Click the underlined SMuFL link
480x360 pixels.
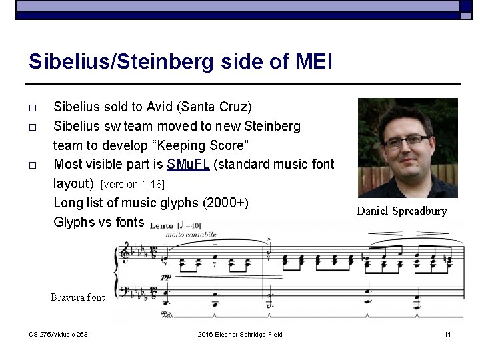[x=191, y=164]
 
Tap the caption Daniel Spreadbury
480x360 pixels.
[x=401, y=211]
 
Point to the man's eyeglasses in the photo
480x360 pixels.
[x=405, y=139]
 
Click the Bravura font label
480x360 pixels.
[x=77, y=297]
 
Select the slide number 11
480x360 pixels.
[x=447, y=334]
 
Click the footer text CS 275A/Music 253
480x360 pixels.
[x=59, y=334]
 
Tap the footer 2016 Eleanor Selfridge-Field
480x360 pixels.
[x=240, y=334]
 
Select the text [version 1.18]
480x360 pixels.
[x=132, y=183]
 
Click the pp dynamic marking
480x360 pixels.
[x=165, y=275]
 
